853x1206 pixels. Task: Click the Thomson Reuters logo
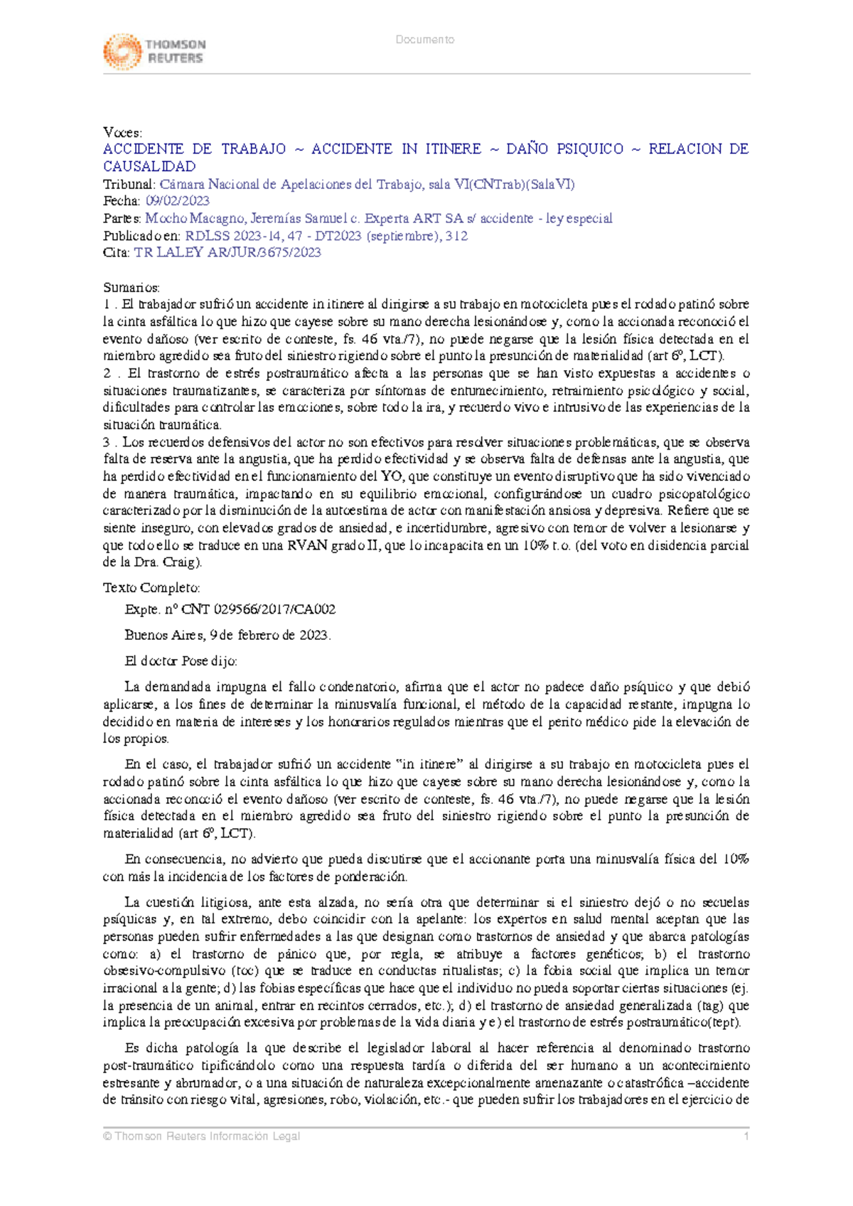pos(154,51)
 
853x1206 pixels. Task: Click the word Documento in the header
pos(425,40)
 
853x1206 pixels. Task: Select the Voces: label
pos(122,132)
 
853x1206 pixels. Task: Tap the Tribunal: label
pos(129,185)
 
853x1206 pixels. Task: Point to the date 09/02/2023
pos(177,202)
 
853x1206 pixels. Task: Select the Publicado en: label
pos(141,236)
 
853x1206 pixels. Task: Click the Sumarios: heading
pos(132,288)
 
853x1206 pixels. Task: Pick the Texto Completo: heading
pos(151,588)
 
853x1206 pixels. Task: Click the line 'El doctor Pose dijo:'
pos(181,661)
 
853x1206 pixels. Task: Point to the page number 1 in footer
pos(746,1136)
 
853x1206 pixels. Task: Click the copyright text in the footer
pos(201,1136)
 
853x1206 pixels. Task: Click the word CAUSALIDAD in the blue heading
pos(149,167)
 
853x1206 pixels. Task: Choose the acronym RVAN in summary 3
pos(304,545)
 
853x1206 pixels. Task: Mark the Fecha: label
pos(122,202)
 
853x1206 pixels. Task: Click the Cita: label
pos(116,253)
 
